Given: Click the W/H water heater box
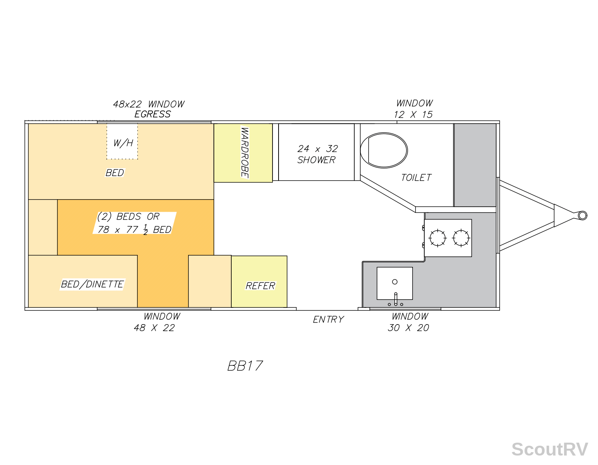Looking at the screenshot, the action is (122, 141).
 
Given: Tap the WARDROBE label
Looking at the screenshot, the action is (244, 153).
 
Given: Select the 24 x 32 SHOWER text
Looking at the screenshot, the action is (317, 154).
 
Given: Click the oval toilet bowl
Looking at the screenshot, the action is (384, 150).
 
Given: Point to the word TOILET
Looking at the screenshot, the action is (416, 178).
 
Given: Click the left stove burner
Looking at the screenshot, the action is (437, 238).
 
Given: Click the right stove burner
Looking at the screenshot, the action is (461, 238).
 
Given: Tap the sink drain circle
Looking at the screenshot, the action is (395, 282).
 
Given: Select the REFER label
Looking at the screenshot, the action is (260, 286).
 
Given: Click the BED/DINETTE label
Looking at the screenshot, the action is (92, 284).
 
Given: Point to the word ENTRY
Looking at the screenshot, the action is (328, 319).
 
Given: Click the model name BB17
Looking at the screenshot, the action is (245, 366).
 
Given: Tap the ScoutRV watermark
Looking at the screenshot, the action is (550, 449).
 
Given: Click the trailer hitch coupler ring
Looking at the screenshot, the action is (582, 215).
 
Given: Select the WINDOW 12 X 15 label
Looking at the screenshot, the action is (413, 109).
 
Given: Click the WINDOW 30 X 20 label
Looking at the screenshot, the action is (408, 322).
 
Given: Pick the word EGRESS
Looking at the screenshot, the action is (153, 114).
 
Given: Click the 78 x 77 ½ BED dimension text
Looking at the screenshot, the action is (134, 229).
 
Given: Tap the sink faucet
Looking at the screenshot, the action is (396, 299).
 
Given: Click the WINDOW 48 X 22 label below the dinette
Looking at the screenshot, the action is (157, 322).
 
